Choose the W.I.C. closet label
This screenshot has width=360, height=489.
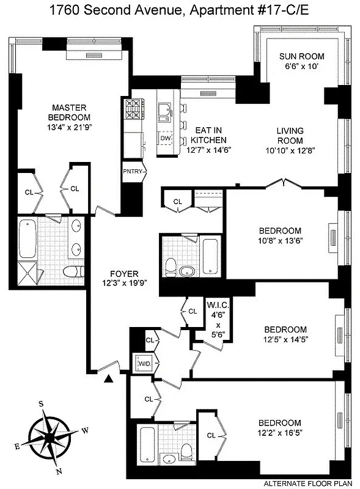click(x=217, y=304)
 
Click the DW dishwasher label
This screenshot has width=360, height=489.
click(x=165, y=139)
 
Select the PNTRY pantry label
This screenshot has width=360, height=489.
click(x=133, y=171)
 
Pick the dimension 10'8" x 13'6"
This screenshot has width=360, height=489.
click(x=281, y=240)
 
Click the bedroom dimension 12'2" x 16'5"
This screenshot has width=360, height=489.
click(x=279, y=432)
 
